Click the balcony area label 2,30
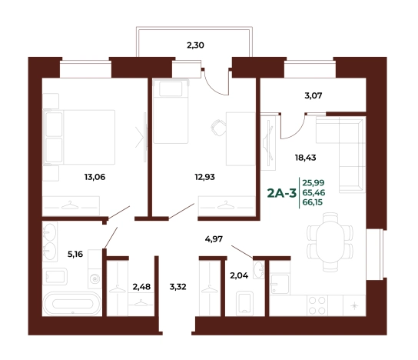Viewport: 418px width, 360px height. coord(195,45)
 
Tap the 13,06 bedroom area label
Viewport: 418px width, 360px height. coord(95,177)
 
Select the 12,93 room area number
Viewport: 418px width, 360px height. coord(204,177)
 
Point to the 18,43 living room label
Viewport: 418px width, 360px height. coord(306,158)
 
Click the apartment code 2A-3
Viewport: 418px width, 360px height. coord(282,193)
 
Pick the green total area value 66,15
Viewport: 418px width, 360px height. coord(313,202)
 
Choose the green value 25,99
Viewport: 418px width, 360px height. coord(313,183)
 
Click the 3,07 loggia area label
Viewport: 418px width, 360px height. coord(313,95)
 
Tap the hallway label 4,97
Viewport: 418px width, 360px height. coord(214,238)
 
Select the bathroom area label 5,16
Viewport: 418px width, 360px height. coord(75,254)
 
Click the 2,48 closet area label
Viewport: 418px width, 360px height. coord(141,287)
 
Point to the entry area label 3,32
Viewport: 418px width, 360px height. coord(177,287)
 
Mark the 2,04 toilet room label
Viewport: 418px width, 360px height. coord(239,275)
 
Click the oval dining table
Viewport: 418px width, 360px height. coord(330,240)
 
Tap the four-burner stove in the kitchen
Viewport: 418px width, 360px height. coord(317,305)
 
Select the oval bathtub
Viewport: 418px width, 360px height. coord(72,304)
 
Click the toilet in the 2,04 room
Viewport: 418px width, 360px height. coord(244,303)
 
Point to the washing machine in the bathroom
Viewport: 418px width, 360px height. coord(95,279)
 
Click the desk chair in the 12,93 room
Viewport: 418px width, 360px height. coord(218,128)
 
